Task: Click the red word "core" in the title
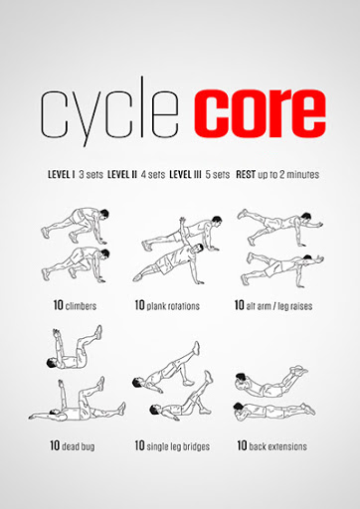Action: click(x=260, y=113)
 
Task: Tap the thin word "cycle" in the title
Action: click(x=109, y=111)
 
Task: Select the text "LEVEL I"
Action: click(x=62, y=174)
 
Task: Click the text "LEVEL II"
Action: click(x=122, y=174)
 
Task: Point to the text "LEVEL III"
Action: click(x=185, y=174)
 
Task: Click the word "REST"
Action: click(x=246, y=174)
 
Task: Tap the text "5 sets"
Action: click(x=218, y=174)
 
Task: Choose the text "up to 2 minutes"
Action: click(x=288, y=174)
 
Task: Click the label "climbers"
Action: click(x=81, y=306)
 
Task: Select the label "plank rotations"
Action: click(x=173, y=306)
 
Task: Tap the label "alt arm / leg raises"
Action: click(x=279, y=306)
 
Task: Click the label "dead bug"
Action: click(x=79, y=446)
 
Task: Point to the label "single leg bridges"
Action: click(x=178, y=446)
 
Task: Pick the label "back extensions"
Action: click(x=277, y=446)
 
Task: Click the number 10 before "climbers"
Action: click(x=58, y=305)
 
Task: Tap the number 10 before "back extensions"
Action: click(x=242, y=445)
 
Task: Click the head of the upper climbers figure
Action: click(x=104, y=214)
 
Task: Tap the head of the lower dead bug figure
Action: click(x=53, y=413)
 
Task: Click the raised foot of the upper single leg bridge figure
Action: click(x=196, y=348)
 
